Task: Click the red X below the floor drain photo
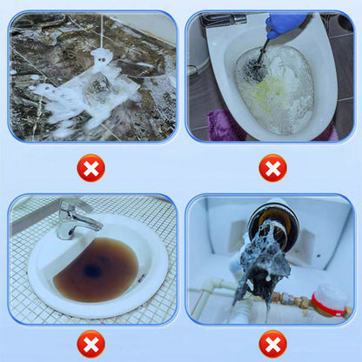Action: tap(90, 167)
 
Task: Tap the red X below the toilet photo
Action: tap(272, 167)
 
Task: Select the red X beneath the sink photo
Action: tap(90, 344)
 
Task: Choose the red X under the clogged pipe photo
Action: tap(272, 344)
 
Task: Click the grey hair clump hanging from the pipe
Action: tap(265, 257)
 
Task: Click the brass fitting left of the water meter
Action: tap(292, 300)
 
